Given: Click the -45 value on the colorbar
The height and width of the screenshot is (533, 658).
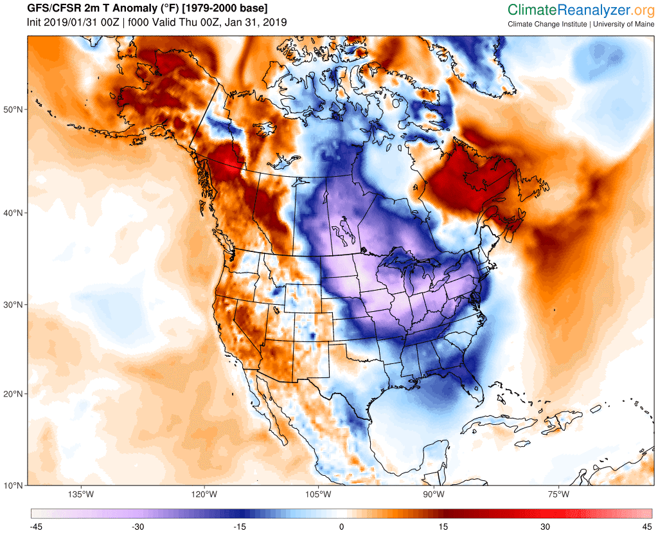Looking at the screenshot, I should point(36,527).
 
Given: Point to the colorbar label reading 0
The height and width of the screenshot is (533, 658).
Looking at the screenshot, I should point(342,527).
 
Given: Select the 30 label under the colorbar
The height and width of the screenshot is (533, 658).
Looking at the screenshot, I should point(546,527).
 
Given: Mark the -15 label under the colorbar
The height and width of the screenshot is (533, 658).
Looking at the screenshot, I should point(240,527).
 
